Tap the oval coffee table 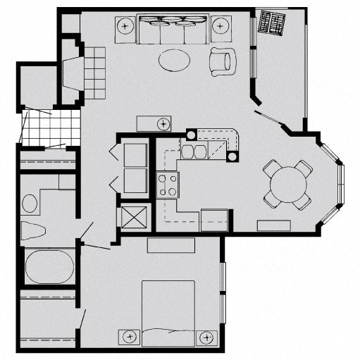[174, 61]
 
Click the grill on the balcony [271, 23]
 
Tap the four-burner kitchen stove [167, 185]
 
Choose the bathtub [49, 268]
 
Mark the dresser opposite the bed [170, 246]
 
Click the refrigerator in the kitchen [214, 221]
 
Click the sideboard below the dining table [275, 226]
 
